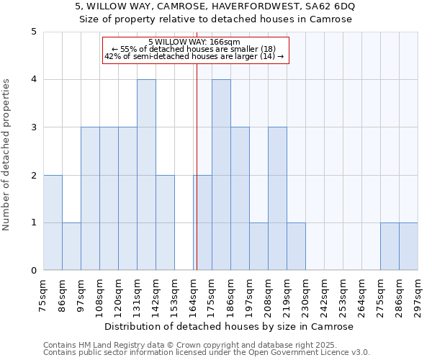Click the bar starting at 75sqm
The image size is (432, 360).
[x=53, y=222]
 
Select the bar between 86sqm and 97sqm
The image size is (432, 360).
[x=71, y=246]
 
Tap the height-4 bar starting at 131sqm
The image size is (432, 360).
[x=146, y=175]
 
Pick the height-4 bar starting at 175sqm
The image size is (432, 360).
[x=221, y=175]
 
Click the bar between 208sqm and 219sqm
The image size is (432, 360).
[x=277, y=199]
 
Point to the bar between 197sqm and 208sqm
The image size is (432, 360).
[x=258, y=246]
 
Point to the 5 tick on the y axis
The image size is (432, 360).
[x=33, y=32]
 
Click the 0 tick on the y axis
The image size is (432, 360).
[x=33, y=271]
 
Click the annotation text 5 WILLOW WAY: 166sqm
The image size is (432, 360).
[x=194, y=42]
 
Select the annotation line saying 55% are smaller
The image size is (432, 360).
[x=194, y=49]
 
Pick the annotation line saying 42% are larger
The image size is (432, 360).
[x=194, y=56]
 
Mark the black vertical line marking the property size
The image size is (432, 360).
[x=197, y=180]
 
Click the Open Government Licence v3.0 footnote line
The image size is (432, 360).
[x=207, y=353]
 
